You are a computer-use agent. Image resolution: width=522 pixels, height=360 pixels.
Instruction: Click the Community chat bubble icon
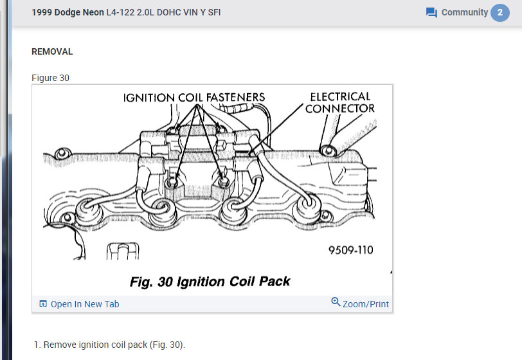431,13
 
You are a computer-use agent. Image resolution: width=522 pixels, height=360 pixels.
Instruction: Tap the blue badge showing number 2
500,13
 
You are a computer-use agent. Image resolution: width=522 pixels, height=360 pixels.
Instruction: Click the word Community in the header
464,12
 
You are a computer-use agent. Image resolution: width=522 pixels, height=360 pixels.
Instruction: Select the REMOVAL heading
52,51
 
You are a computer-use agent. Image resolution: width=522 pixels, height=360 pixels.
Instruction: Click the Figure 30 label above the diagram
50,78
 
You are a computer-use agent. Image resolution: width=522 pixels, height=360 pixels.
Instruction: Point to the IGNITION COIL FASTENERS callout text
194,98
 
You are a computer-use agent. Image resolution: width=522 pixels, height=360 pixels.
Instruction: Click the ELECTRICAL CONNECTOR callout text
340,102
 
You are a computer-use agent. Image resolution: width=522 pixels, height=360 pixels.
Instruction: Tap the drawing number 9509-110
350,250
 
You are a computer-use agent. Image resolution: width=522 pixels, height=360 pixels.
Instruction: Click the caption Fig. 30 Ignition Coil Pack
210,282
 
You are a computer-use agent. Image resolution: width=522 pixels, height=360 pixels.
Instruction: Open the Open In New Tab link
85,304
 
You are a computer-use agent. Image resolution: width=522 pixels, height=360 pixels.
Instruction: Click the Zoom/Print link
366,304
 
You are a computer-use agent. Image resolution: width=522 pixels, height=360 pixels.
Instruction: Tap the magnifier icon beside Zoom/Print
336,302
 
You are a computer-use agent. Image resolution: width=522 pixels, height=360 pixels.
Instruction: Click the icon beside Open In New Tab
43,304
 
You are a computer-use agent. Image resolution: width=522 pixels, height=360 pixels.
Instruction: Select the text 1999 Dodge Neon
67,12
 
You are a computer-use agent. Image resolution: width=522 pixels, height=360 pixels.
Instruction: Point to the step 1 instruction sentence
114,345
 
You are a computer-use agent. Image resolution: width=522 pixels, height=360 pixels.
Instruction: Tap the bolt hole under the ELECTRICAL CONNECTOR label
329,150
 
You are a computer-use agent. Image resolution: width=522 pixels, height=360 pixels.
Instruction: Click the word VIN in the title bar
180,12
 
